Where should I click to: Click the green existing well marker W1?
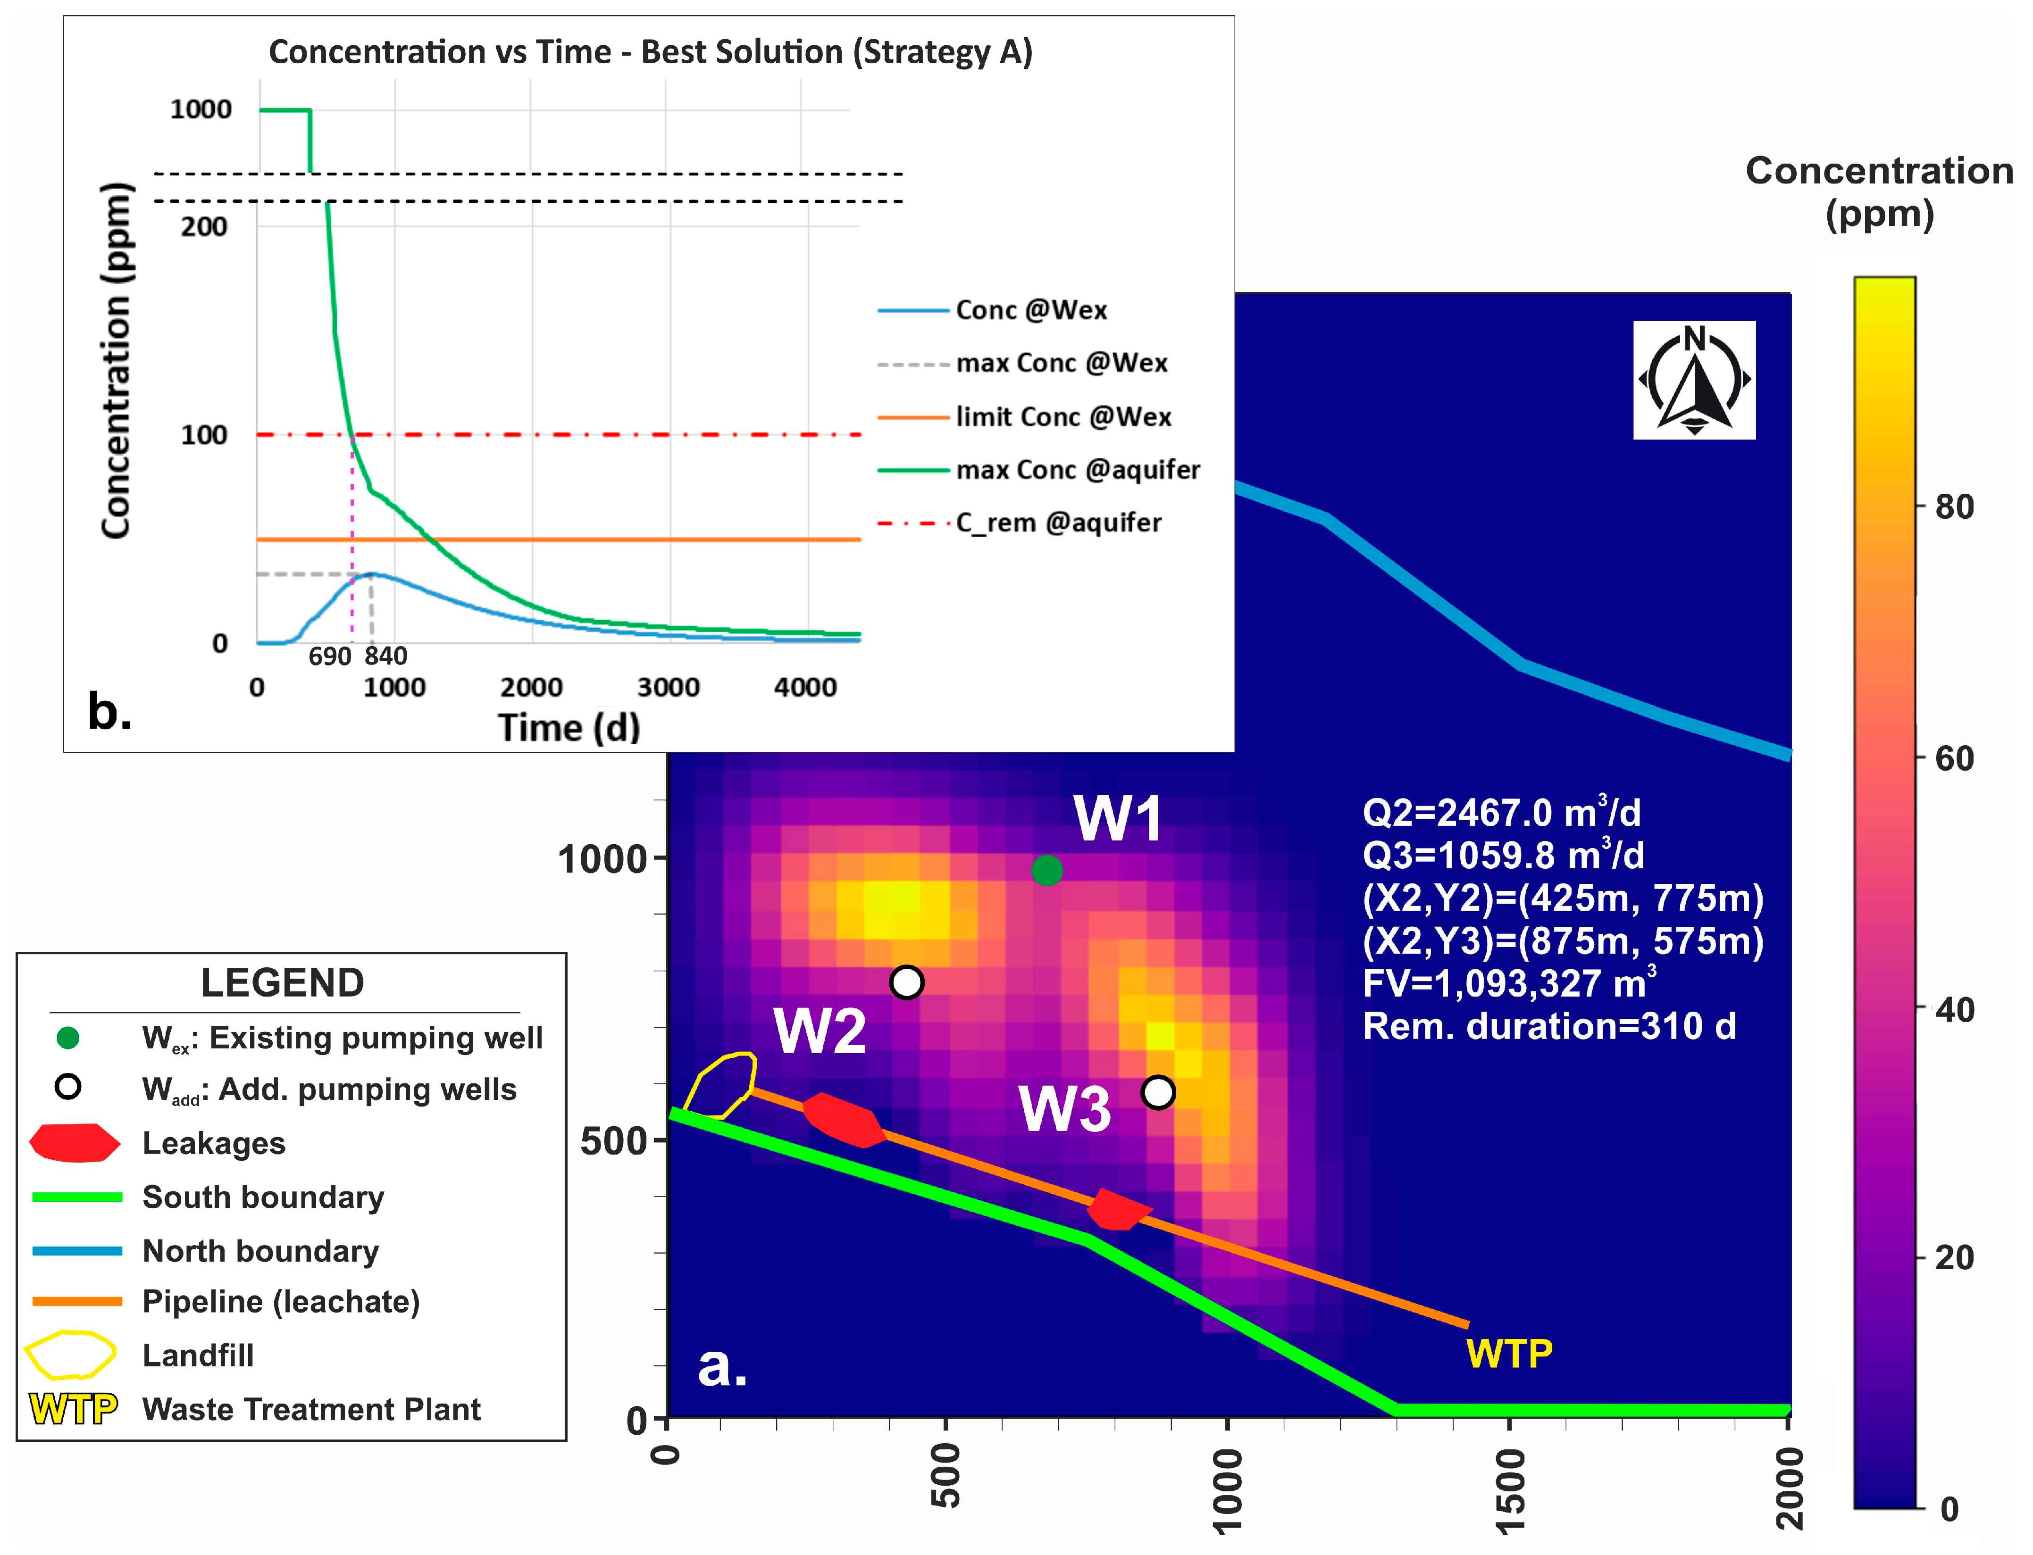1046,870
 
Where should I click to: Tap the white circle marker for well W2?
906,982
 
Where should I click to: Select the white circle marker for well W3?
1158,1092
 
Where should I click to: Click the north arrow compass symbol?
1694,380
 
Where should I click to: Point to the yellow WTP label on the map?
1509,1354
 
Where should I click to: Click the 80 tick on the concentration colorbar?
1953,507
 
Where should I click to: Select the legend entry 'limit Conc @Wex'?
1063,417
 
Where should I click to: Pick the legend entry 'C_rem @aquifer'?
1058,523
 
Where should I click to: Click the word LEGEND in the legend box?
282,983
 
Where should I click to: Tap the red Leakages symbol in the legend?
74,1143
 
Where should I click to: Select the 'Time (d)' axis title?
569,728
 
